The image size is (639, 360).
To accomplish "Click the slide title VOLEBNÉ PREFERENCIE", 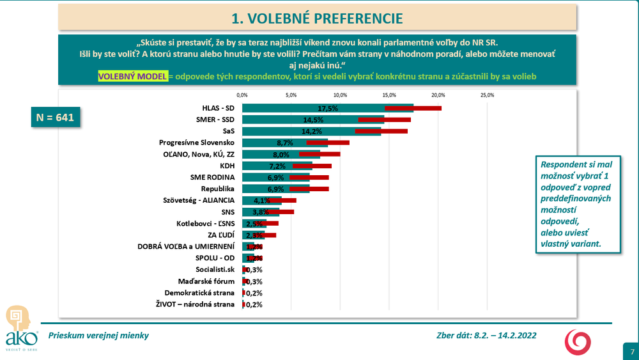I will pos(317,17).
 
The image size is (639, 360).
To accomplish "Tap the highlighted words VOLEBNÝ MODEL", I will pos(132,76).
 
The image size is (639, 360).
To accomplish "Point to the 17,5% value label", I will pos(328,109).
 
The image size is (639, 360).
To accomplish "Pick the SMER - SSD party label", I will pos(213,120).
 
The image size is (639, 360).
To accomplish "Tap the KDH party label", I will pos(227,166).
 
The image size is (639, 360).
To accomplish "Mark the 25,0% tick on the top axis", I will pos(487,95).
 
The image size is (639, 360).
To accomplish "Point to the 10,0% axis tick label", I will pos(340,95).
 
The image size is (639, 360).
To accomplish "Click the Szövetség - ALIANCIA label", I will pos(199,200).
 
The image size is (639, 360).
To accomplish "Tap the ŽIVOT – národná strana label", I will pos(196,304).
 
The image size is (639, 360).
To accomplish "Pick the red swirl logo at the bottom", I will pos(577,342).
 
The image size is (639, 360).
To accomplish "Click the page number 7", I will pos(632,352).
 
